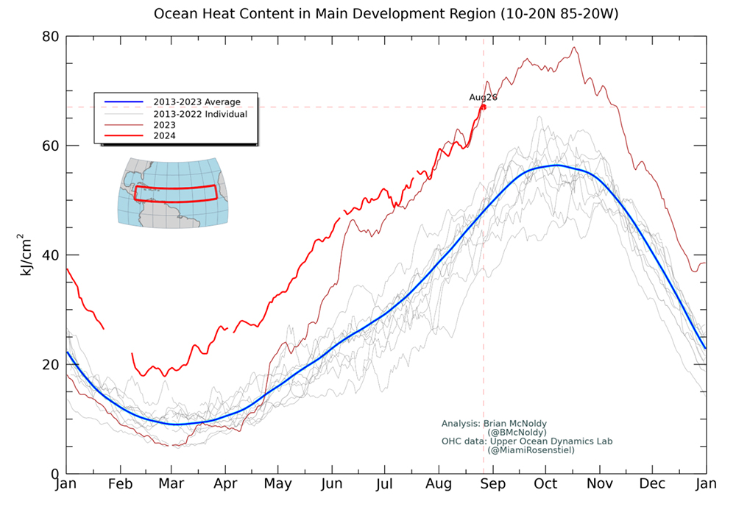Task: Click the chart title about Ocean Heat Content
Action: [x=386, y=13]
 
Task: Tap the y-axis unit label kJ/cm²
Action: [x=25, y=255]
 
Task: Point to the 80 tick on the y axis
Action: [x=50, y=37]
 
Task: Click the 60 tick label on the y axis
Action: [x=50, y=146]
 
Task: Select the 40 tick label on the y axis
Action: [x=50, y=255]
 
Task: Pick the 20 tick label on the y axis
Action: [x=50, y=364]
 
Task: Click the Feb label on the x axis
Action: [x=120, y=483]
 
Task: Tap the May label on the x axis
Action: [x=278, y=484]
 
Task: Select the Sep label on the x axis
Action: [x=493, y=484]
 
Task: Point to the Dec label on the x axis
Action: [x=652, y=483]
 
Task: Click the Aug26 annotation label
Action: [x=483, y=97]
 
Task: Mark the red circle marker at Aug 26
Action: [x=483, y=107]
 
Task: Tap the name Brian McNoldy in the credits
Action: [x=515, y=424]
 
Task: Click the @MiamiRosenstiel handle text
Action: [x=531, y=450]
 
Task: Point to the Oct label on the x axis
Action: [x=545, y=483]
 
